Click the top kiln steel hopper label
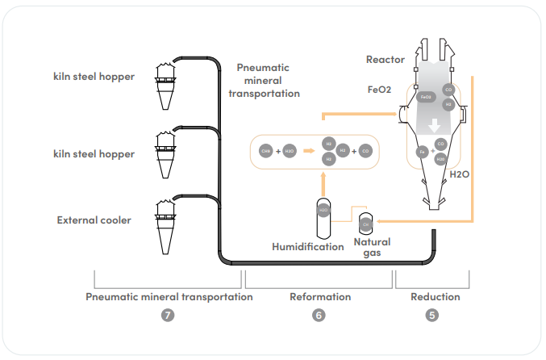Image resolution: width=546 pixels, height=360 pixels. (93, 77)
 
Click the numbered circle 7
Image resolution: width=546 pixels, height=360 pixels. (168, 316)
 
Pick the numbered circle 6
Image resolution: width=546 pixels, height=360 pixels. (319, 316)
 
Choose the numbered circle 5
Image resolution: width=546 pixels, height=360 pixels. (433, 316)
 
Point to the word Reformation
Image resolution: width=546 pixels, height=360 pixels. (320, 296)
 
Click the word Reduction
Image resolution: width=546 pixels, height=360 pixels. (435, 296)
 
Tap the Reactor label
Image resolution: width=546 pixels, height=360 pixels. (385, 59)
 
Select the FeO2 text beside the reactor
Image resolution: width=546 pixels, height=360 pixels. (383, 90)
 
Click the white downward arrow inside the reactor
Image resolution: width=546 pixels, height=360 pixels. (435, 126)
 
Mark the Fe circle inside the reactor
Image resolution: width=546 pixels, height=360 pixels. (422, 151)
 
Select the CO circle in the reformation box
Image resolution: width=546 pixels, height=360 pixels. (365, 151)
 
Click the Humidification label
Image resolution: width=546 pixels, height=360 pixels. (307, 246)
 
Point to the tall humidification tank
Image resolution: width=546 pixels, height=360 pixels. (323, 216)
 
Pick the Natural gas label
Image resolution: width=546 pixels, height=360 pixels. (373, 247)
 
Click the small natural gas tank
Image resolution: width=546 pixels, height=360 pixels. (365, 221)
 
